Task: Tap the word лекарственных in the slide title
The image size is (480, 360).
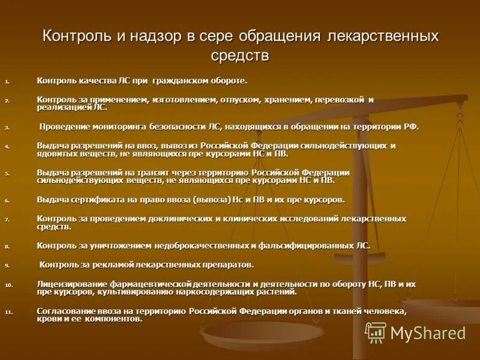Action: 383,36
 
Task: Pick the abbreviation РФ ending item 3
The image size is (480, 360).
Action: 410,127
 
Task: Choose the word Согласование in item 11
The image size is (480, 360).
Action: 66,311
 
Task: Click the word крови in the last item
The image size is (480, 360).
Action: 49,319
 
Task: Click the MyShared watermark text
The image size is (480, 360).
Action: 428,333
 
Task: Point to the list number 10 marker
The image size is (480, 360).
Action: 8,285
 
